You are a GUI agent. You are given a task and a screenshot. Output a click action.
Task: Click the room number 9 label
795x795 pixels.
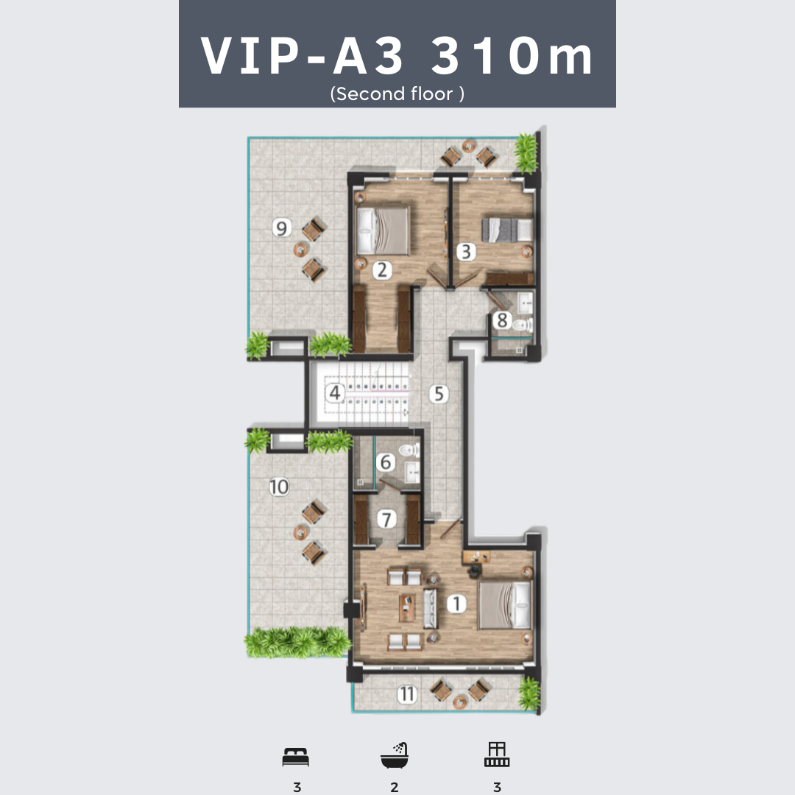[282, 227]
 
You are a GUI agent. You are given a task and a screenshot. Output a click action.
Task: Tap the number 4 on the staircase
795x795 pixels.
[335, 393]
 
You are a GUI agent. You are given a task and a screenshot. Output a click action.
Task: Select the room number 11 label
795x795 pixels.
[407, 694]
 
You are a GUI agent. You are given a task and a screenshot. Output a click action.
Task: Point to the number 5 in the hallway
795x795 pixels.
[439, 394]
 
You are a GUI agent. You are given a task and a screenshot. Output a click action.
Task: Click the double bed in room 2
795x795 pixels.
[383, 230]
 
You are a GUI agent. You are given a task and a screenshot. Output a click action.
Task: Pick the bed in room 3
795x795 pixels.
[506, 230]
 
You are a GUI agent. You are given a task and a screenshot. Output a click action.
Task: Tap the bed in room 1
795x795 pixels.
[504, 605]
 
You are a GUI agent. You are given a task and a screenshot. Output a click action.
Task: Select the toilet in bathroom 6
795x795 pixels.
[409, 450]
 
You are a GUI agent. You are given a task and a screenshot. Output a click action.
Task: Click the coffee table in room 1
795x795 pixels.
[407, 608]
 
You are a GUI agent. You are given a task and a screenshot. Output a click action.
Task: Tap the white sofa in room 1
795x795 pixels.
[430, 609]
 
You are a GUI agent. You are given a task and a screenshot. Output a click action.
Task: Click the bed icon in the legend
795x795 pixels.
[296, 757]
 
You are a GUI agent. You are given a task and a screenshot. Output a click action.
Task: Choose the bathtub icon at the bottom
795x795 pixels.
[395, 755]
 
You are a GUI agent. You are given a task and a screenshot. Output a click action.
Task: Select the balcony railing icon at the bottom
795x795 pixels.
[497, 755]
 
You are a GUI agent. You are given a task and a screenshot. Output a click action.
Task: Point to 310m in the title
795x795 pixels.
[512, 56]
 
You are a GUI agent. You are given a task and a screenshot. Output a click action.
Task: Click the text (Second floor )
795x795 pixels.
[397, 93]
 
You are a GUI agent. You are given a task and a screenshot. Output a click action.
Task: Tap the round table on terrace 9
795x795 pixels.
[300, 250]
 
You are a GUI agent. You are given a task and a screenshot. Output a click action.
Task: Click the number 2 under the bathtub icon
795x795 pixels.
[395, 787]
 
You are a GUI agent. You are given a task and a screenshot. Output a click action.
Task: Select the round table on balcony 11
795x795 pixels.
[460, 702]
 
